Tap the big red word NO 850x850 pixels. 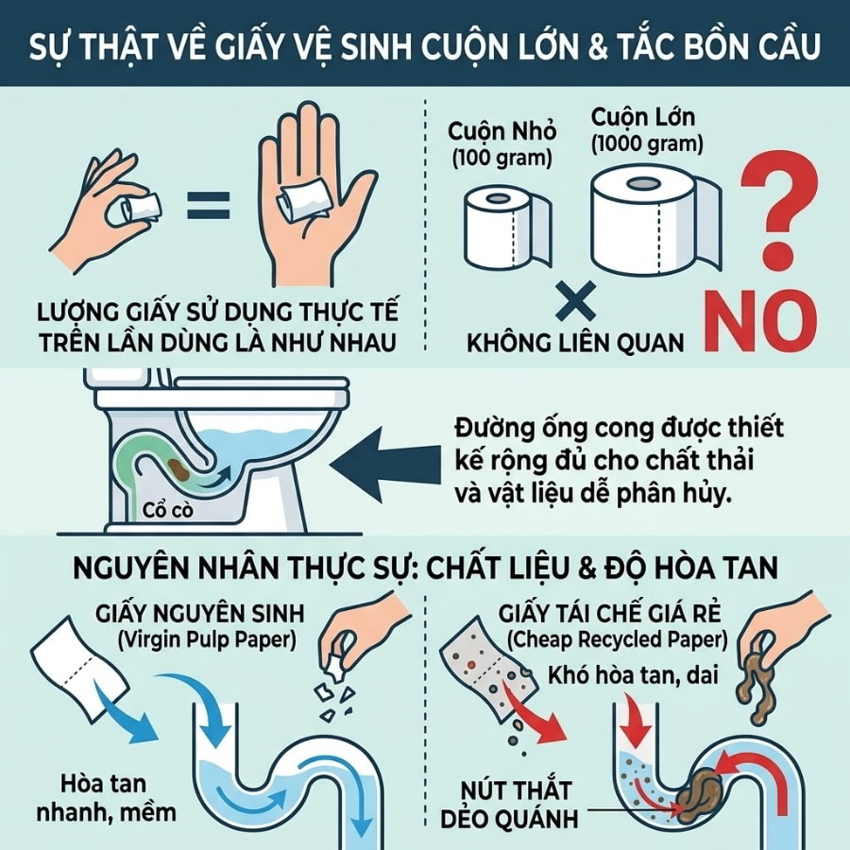pyautogui.click(x=761, y=322)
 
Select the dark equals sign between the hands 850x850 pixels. pyautogui.click(x=208, y=205)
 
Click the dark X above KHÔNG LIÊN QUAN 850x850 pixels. pyautogui.click(x=576, y=301)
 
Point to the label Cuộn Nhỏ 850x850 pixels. pyautogui.click(x=502, y=131)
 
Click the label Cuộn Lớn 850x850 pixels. pyautogui.click(x=643, y=116)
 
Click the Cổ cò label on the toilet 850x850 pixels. pyautogui.click(x=167, y=510)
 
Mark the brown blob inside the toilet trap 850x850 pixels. pyautogui.click(x=178, y=470)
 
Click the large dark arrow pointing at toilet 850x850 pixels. pyautogui.click(x=385, y=465)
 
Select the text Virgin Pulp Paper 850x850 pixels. pyautogui.click(x=207, y=640)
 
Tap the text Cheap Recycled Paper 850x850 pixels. pyautogui.click(x=618, y=640)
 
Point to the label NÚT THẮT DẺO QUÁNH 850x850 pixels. pyautogui.click(x=510, y=804)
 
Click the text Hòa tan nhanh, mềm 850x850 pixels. pyautogui.click(x=106, y=798)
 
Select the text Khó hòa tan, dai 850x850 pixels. pyautogui.click(x=633, y=676)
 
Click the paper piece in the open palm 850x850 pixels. pyautogui.click(x=305, y=202)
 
